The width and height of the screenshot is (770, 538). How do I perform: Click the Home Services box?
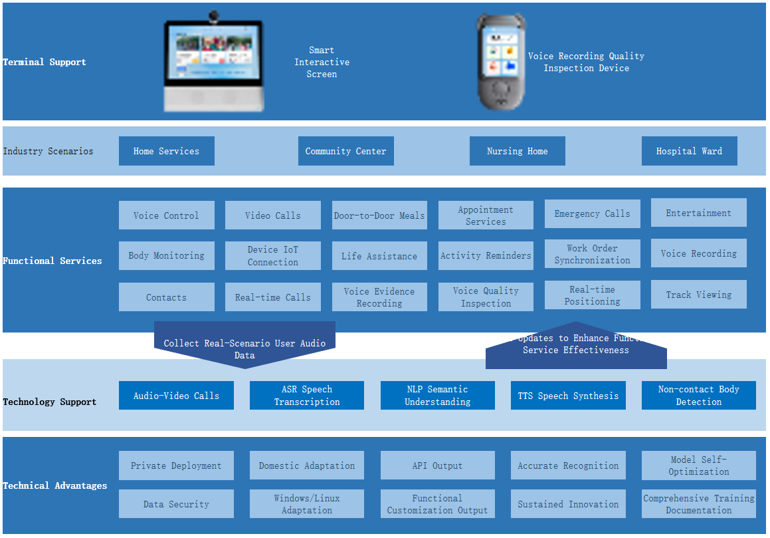(166, 151)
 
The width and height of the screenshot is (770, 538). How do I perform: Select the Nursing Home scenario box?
(517, 151)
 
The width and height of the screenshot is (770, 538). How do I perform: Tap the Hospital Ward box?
(689, 151)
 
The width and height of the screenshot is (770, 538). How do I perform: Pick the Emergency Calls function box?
(592, 213)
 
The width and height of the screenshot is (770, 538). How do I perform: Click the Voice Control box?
(166, 215)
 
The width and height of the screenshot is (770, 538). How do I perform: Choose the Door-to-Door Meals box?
(379, 215)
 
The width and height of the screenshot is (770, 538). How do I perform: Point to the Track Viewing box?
(698, 295)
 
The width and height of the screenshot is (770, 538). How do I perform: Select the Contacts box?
(166, 297)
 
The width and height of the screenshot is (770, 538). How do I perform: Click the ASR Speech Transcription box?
(306, 395)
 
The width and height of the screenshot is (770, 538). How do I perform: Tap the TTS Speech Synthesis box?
(568, 395)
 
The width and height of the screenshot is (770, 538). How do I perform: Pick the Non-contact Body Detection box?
(698, 395)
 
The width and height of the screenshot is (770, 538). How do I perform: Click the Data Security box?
(176, 504)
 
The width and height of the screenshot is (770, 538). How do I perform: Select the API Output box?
(437, 466)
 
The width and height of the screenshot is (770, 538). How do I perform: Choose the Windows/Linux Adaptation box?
(306, 504)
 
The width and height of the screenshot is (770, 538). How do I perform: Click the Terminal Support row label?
(45, 62)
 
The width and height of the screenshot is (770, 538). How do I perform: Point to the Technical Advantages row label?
(54, 485)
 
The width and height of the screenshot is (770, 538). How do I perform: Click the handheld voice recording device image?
(502, 63)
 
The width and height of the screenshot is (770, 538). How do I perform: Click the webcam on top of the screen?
(214, 15)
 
